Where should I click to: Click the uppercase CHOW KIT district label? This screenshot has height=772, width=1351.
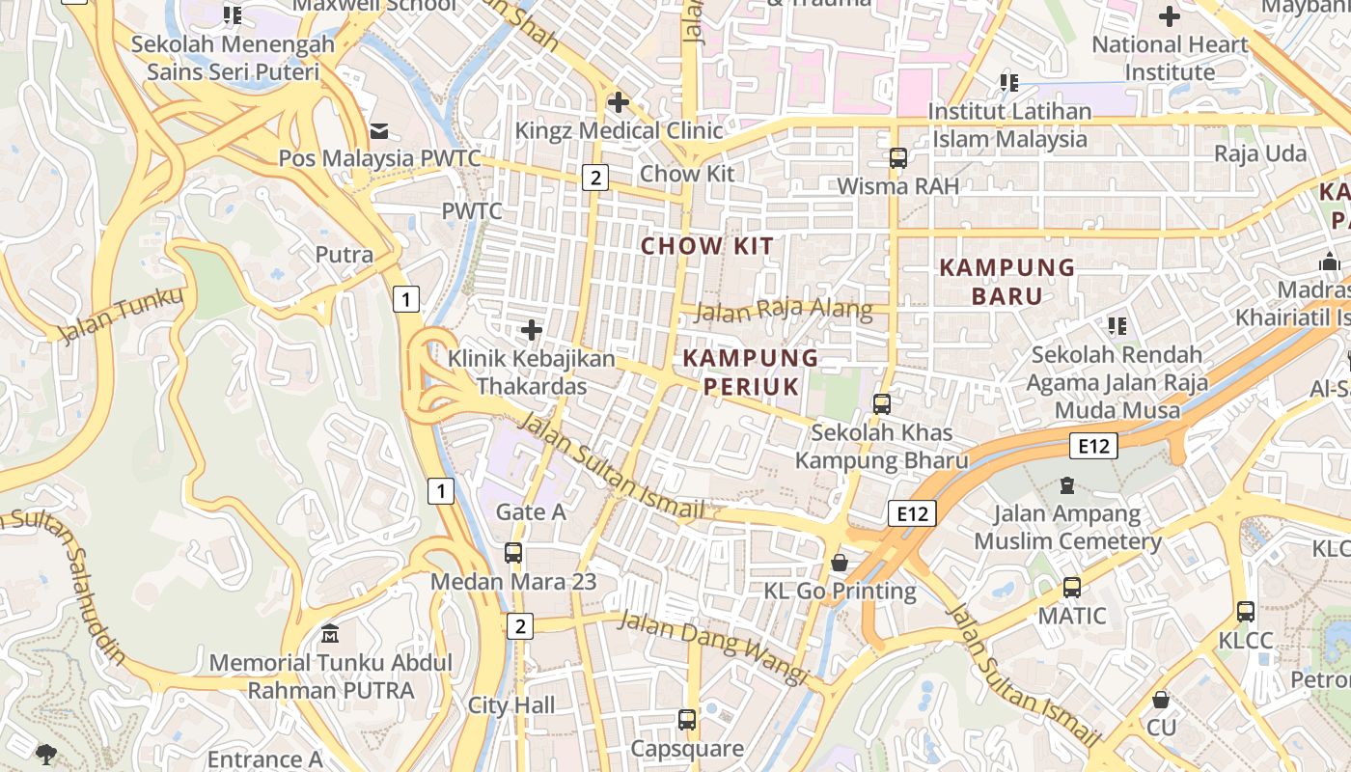click(707, 246)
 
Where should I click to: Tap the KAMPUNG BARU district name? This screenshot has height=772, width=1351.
click(1007, 281)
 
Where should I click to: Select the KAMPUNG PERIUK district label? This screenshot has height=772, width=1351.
click(751, 372)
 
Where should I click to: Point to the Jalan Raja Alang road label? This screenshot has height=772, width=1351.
click(784, 310)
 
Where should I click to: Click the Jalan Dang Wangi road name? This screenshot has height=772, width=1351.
click(712, 644)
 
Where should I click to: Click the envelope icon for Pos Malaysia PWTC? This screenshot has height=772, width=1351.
click(378, 130)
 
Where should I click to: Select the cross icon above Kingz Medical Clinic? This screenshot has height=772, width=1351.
click(619, 101)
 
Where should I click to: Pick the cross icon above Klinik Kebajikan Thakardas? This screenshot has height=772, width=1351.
click(531, 330)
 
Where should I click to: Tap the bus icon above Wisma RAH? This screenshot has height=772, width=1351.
click(898, 157)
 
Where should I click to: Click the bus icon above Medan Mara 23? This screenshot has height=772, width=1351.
click(513, 553)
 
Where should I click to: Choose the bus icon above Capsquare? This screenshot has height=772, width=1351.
click(687, 719)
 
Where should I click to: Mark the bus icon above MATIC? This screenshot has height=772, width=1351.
click(1072, 587)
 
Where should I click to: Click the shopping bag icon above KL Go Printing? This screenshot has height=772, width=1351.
click(841, 562)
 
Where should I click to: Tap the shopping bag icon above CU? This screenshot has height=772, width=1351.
click(1162, 699)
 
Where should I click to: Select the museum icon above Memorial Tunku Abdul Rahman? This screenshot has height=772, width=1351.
click(330, 634)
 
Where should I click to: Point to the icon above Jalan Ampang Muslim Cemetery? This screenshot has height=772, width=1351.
click(1067, 484)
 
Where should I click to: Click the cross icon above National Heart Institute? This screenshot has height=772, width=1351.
click(1170, 16)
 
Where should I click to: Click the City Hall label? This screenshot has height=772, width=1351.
click(511, 705)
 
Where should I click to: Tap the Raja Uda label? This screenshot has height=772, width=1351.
click(1260, 153)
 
